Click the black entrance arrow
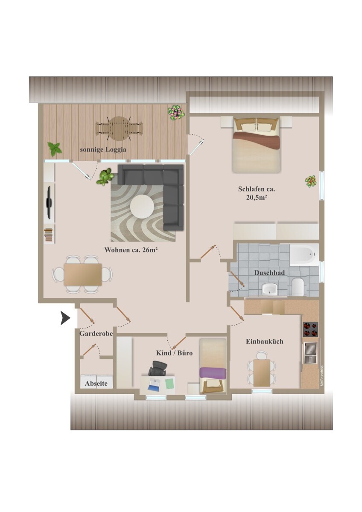[x=65, y=318]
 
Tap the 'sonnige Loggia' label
[x=103, y=150]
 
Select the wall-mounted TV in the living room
[x=49, y=203]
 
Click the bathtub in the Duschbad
[x=304, y=255]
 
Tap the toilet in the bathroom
[x=298, y=287]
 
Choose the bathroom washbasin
[x=269, y=289]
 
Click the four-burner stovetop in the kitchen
[x=310, y=329]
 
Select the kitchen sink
[x=310, y=352]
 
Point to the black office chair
[x=158, y=369]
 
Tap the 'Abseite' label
[x=96, y=383]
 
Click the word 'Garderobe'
[x=96, y=334]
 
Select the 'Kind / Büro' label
[x=174, y=353]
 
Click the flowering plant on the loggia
[x=176, y=113]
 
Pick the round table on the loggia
[x=119, y=128]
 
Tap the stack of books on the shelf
[x=48, y=235]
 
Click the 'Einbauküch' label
[x=265, y=341]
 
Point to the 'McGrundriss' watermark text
[x=322, y=376]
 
